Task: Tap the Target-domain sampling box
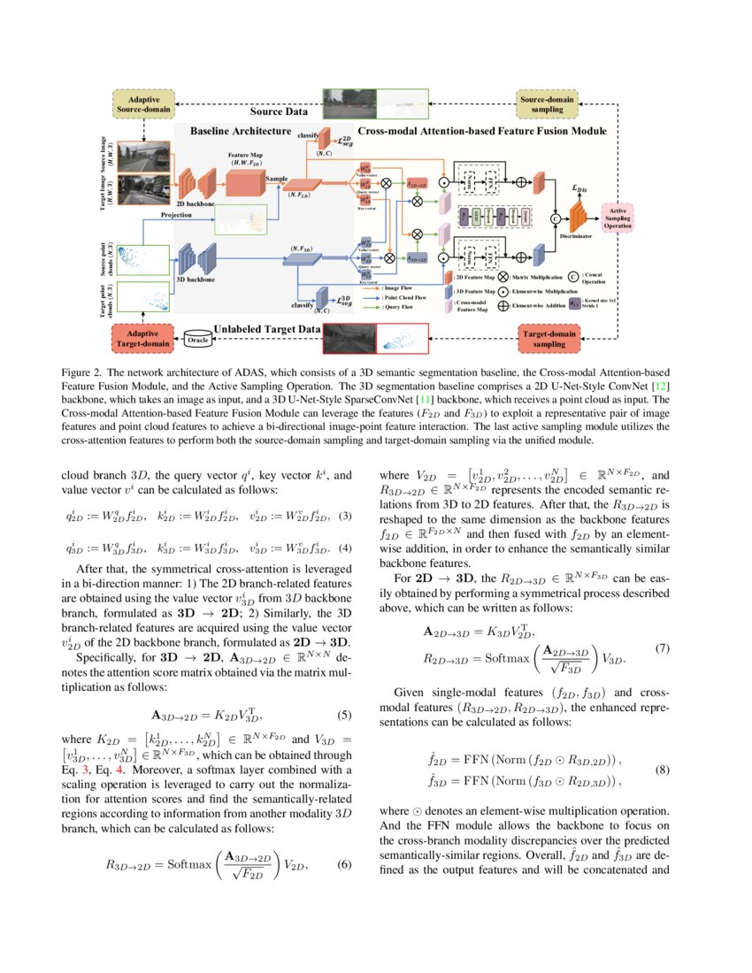click(551, 340)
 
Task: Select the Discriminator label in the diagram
click(575, 236)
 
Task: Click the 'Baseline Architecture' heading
click(239, 130)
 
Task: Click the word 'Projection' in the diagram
click(176, 214)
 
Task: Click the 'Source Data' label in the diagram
click(279, 112)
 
